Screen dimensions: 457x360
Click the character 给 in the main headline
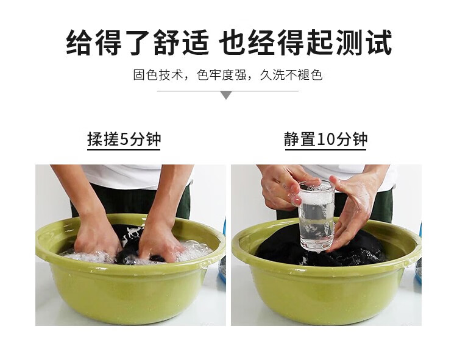click(x=79, y=43)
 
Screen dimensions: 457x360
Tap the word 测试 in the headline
click(x=364, y=43)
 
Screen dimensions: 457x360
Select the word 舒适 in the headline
click(x=182, y=43)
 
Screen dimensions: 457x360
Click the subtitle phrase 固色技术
click(x=158, y=75)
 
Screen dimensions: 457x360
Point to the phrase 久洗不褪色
click(x=291, y=75)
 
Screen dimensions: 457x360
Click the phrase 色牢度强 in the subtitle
click(x=222, y=75)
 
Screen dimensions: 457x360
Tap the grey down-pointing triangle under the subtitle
click(x=226, y=95)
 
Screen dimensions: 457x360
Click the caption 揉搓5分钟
click(x=124, y=139)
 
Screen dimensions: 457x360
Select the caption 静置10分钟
click(x=325, y=139)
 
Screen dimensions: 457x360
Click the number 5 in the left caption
click(x=124, y=139)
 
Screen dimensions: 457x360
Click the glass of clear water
click(x=316, y=216)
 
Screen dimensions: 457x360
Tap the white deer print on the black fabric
click(x=133, y=233)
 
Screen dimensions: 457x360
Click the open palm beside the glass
click(x=354, y=210)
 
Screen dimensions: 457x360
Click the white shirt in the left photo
click(x=126, y=176)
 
